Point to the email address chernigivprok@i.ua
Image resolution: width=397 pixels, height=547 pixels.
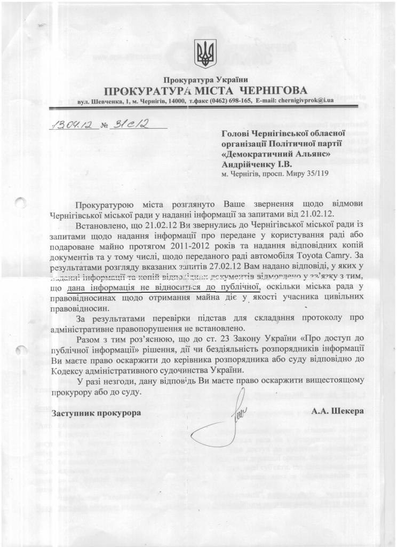[x=301, y=100]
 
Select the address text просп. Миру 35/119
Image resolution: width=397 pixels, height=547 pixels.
[x=288, y=174]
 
